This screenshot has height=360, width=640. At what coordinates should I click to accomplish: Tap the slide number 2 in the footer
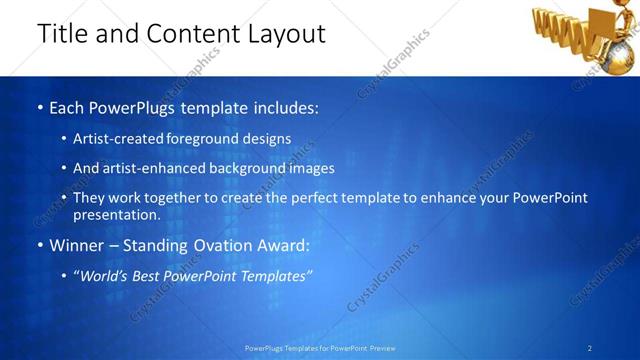590,348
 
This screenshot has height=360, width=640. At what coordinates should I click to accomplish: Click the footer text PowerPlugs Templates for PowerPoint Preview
320,348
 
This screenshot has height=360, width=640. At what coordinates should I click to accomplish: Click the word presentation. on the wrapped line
117,215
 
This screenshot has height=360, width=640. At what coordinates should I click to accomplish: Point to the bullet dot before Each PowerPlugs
38,107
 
